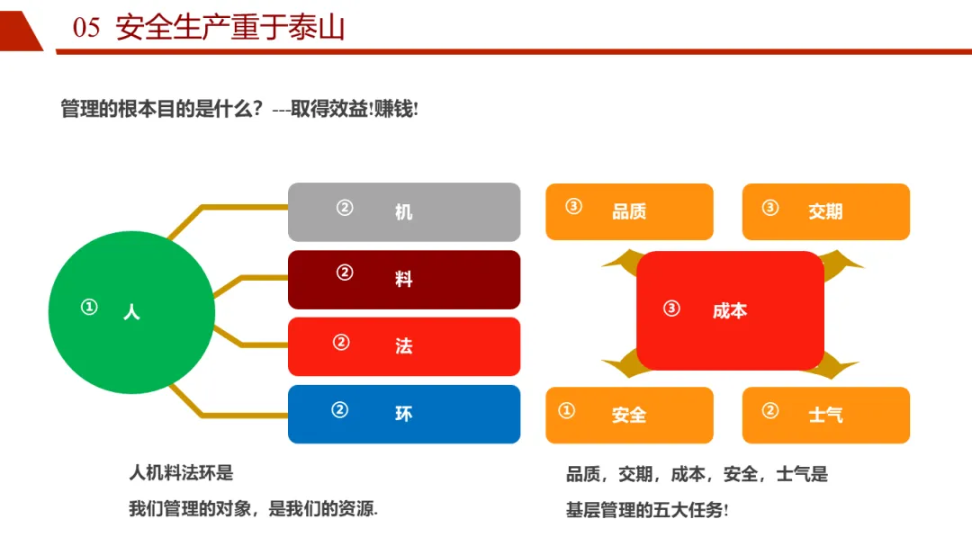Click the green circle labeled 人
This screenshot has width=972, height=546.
131,312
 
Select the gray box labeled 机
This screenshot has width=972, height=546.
403,212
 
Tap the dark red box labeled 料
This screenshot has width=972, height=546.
403,279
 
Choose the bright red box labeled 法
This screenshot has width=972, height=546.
403,346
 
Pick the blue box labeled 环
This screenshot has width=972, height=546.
403,414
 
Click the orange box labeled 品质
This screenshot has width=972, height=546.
629,211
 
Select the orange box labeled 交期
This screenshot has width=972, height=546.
825,211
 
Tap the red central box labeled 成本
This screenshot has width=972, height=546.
730,310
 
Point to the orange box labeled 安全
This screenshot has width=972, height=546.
629,415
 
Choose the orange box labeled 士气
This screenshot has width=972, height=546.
825,415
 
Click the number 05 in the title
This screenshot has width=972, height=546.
86,29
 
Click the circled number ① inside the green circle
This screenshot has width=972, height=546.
89,308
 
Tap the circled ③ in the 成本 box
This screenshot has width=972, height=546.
671,309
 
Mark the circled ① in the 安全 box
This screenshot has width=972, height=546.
566,411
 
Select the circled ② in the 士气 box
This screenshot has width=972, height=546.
769,411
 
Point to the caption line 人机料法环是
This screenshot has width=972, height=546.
181,472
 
